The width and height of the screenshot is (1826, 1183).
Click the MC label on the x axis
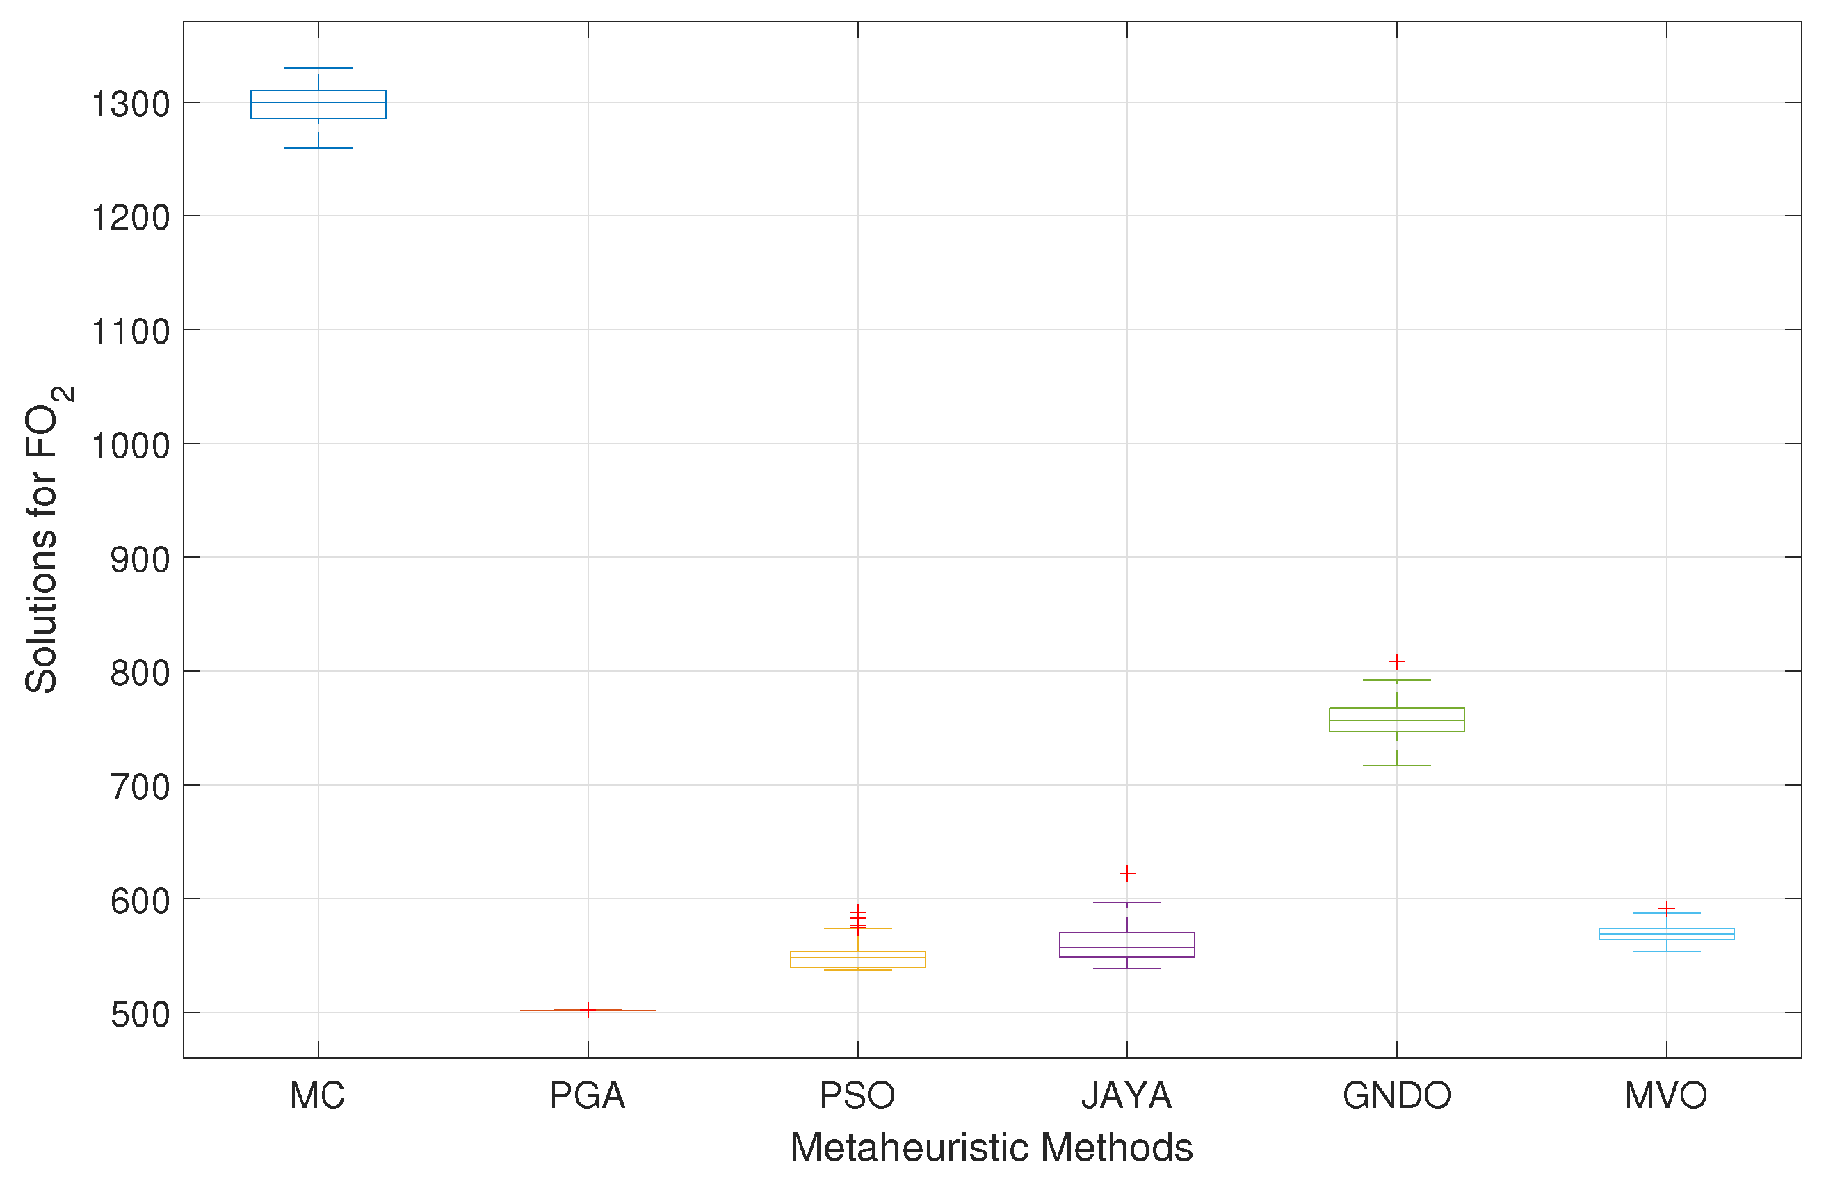317,1095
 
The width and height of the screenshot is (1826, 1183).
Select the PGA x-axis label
588,1095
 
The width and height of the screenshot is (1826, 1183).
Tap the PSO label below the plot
857,1095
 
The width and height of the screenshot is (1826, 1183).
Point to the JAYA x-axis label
1126,1095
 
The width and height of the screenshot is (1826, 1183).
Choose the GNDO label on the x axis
1396,1095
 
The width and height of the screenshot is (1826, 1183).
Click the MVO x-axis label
1665,1095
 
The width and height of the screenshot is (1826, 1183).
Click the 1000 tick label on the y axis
131,445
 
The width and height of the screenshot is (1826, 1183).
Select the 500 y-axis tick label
140,1014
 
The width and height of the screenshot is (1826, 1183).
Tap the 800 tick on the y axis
140,673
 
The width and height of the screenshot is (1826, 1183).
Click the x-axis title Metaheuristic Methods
992,1148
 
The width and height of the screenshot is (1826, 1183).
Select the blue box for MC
318,104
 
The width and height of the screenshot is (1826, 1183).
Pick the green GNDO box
1396,720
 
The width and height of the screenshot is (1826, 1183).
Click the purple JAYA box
1126,944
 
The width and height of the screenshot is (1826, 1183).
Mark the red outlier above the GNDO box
1396,661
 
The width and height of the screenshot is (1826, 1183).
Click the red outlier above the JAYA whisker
1126,873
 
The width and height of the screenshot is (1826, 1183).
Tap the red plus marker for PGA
588,1010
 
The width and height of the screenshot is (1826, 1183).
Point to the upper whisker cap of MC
318,68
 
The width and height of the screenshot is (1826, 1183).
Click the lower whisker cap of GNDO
1396,766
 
